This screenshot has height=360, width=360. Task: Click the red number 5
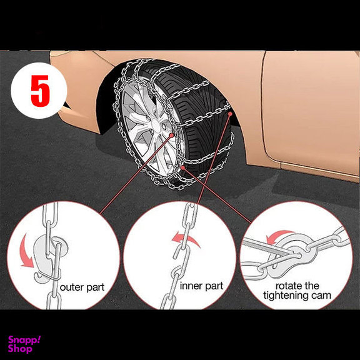click(40, 91)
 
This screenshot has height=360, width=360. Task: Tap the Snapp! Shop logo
click(24, 344)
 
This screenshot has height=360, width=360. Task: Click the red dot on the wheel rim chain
click(171, 136)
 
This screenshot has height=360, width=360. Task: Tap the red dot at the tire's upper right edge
click(230, 114)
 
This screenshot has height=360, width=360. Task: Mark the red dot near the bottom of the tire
click(182, 167)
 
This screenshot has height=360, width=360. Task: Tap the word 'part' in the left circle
click(96, 288)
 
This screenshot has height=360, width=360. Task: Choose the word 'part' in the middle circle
click(214, 286)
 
